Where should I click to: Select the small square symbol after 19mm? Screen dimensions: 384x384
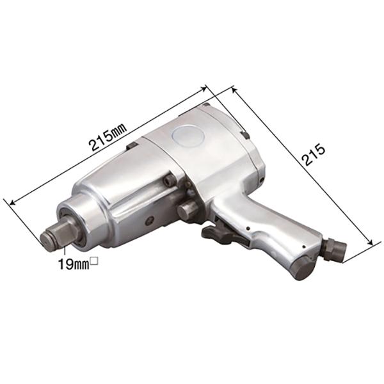(94, 260)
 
